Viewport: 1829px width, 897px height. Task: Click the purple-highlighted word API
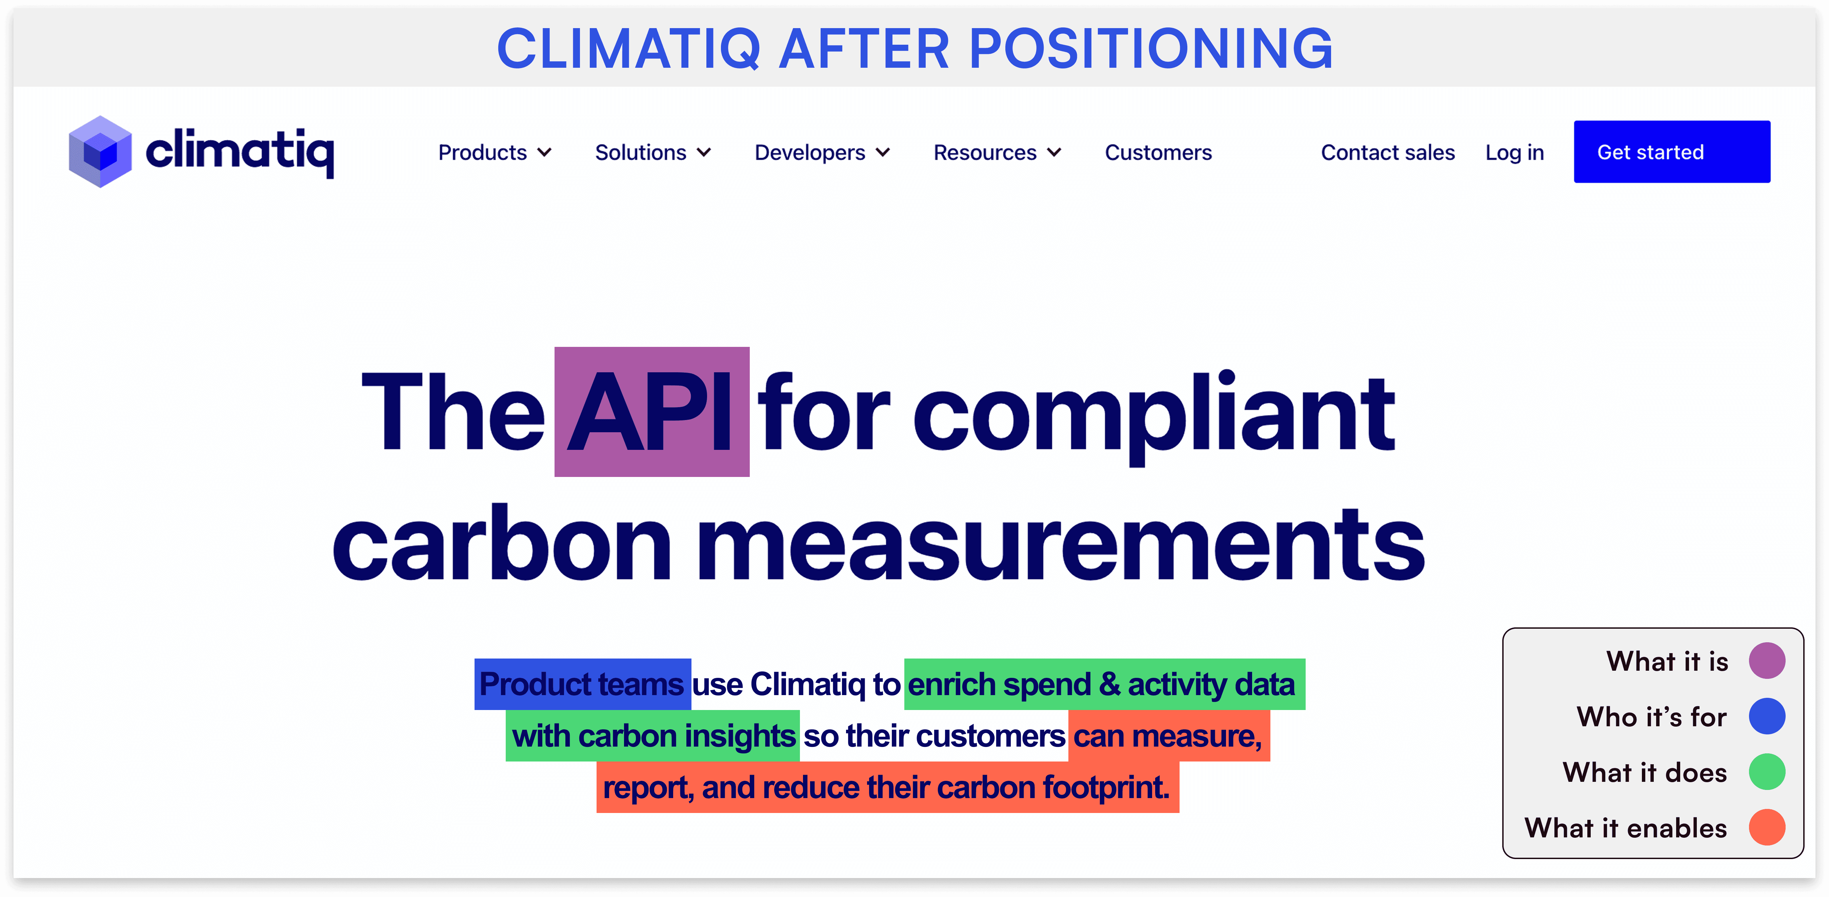pos(652,412)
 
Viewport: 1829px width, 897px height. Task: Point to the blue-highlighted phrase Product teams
pos(582,684)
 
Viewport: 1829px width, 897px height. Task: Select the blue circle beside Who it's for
pos(1767,716)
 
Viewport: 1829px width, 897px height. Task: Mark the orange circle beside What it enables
pos(1767,828)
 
